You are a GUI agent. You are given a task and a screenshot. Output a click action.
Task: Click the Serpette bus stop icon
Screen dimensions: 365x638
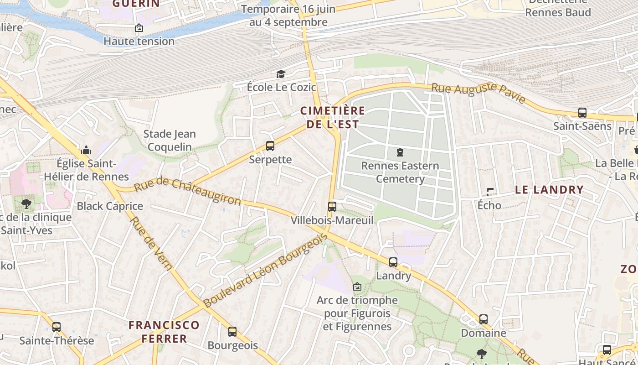click(x=270, y=146)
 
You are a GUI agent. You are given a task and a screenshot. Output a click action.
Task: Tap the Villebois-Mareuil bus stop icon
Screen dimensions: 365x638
click(x=332, y=207)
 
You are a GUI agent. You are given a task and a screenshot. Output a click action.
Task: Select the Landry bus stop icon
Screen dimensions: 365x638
click(x=393, y=262)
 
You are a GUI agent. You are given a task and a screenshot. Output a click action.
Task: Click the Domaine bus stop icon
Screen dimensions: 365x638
click(x=484, y=319)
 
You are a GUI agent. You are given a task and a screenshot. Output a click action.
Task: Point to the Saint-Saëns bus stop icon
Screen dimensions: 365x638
click(x=582, y=112)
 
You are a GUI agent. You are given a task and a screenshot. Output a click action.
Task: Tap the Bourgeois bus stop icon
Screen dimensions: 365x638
click(x=232, y=332)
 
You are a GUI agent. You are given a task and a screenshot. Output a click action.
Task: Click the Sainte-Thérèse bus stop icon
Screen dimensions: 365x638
click(x=57, y=327)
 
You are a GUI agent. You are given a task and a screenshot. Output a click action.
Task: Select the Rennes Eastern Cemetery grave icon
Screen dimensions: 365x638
click(x=400, y=152)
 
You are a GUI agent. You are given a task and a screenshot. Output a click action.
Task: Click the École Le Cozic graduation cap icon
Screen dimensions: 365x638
click(x=281, y=74)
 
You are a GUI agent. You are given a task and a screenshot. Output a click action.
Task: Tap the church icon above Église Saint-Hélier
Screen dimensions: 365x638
click(x=86, y=150)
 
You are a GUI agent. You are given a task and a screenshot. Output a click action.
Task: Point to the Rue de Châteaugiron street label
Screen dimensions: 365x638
click(x=188, y=191)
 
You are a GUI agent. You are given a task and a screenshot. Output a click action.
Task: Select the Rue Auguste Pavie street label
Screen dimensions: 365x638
click(x=478, y=93)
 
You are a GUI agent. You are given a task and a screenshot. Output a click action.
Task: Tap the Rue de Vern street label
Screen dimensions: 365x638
click(x=151, y=244)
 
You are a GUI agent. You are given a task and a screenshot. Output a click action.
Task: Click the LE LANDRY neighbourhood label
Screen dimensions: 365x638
click(x=549, y=190)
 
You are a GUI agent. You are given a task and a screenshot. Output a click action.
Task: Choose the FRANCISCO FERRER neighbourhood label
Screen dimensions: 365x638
click(x=164, y=332)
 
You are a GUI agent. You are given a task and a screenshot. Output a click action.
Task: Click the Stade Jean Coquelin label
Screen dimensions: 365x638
click(x=170, y=141)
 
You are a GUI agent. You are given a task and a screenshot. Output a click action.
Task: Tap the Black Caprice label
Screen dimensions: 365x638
click(x=110, y=206)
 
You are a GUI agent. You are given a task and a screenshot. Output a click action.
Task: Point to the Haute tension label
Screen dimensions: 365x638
click(x=139, y=41)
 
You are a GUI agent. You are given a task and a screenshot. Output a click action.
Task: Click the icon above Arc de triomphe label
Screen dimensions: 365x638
click(x=357, y=287)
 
